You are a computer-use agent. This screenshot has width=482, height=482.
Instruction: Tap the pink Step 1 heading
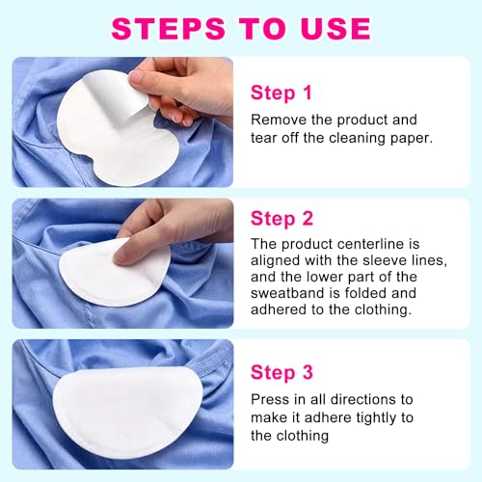[281, 94]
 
